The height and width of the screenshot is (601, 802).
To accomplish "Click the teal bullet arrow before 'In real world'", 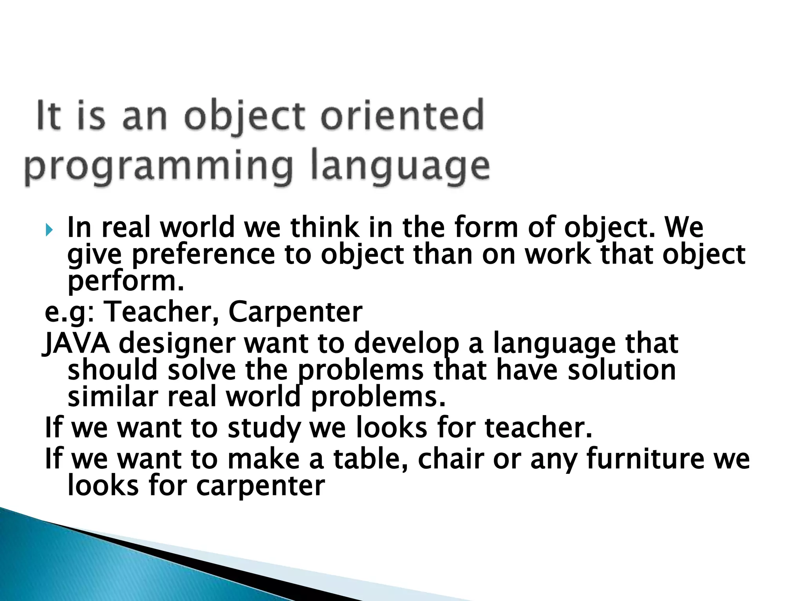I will click(x=49, y=230).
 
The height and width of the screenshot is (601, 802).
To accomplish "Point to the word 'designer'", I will click(x=177, y=343).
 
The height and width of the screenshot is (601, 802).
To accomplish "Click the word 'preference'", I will click(x=203, y=255).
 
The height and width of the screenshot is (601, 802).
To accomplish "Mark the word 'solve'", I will click(x=202, y=370).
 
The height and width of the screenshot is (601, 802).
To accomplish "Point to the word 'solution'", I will click(x=622, y=370).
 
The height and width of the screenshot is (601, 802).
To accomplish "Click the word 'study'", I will click(x=264, y=428).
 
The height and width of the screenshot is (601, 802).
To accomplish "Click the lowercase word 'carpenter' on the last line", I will click(x=260, y=486).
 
